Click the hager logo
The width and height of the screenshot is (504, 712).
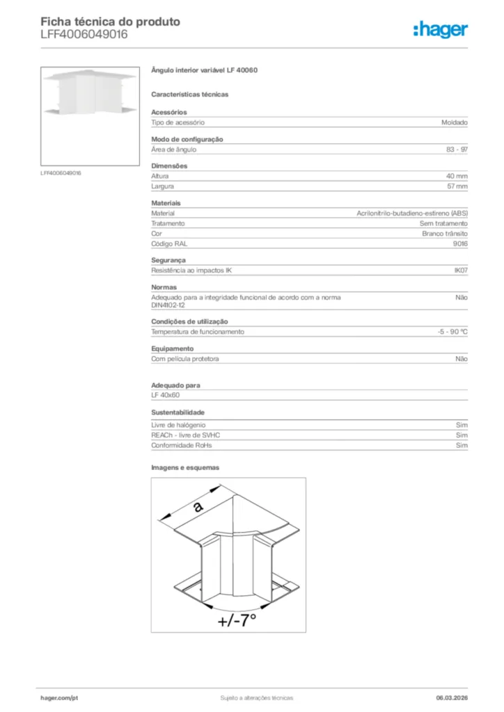pyautogui.click(x=440, y=29)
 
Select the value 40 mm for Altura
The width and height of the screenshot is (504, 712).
pyautogui.click(x=457, y=177)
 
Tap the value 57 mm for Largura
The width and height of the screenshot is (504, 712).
pyautogui.click(x=457, y=186)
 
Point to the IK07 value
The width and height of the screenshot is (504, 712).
pyautogui.click(x=460, y=270)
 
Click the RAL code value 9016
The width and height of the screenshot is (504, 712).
pyautogui.click(x=460, y=244)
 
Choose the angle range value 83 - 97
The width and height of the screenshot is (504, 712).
pyautogui.click(x=457, y=149)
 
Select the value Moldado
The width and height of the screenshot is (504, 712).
pyautogui.click(x=454, y=122)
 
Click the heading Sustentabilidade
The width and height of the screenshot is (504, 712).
pyautogui.click(x=178, y=412)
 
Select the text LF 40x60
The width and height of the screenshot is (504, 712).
pyautogui.click(x=166, y=395)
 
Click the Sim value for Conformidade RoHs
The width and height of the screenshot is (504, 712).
pyautogui.click(x=462, y=445)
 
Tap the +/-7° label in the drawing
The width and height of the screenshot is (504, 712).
pyautogui.click(x=236, y=620)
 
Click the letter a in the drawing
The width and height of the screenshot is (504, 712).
pyautogui.click(x=198, y=507)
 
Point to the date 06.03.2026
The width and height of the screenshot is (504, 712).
pyautogui.click(x=447, y=697)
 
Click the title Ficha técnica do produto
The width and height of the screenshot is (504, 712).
pyautogui.click(x=110, y=22)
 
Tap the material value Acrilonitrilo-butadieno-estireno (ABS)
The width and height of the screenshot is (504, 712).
pyautogui.click(x=412, y=213)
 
